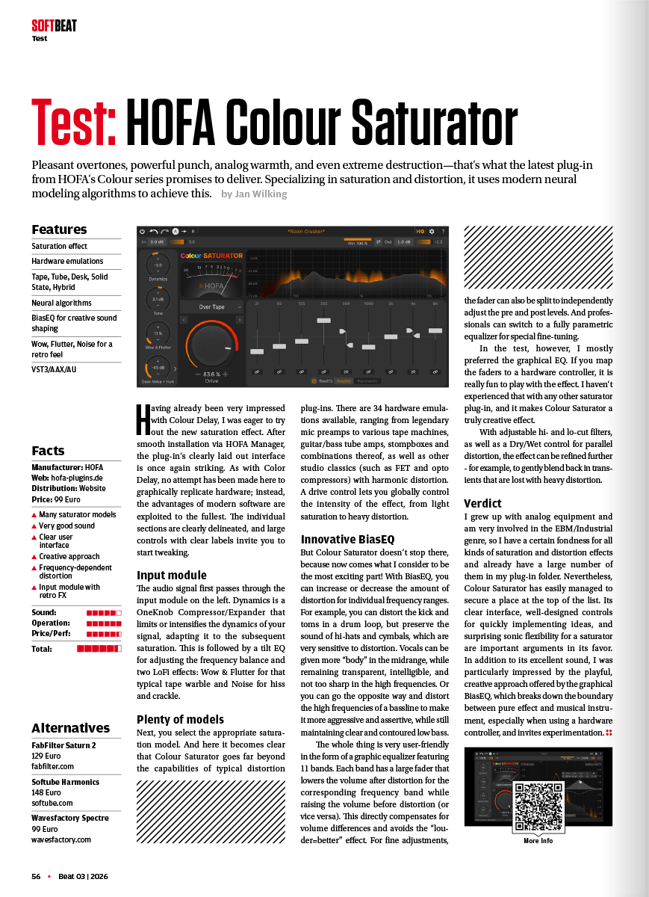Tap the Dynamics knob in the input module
pyautogui.click(x=158, y=265)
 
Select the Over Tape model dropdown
pyautogui.click(x=212, y=306)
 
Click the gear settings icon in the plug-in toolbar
pyautogui.click(x=431, y=232)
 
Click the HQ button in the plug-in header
pyautogui.click(x=420, y=232)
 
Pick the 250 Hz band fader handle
pyautogui.click(x=323, y=321)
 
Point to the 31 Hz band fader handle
pyautogui.click(x=257, y=351)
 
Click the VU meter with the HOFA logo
pyautogui.click(x=212, y=278)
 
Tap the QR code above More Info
pyautogui.click(x=538, y=807)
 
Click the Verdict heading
pyautogui.click(x=482, y=503)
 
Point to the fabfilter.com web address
pyautogui.click(x=52, y=766)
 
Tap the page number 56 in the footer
pyautogui.click(x=36, y=876)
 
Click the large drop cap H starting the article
pyautogui.click(x=144, y=420)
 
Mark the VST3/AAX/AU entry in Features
pyautogui.click(x=54, y=369)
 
